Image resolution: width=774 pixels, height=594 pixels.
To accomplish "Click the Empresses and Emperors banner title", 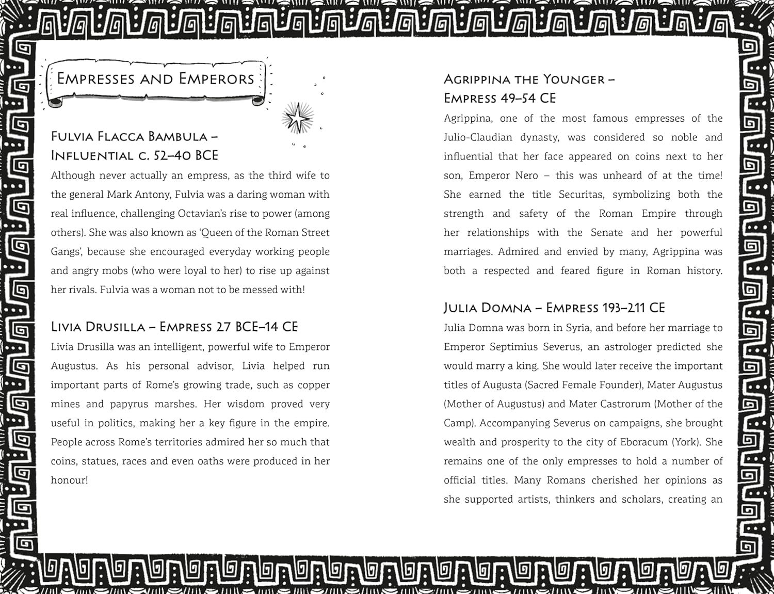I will coord(155,79).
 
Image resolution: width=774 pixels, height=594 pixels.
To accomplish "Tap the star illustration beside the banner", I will coord(297,118).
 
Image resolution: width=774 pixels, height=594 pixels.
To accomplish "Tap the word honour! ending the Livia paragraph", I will coord(69,480).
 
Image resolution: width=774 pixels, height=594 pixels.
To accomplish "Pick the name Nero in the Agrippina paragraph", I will coord(526,175).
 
